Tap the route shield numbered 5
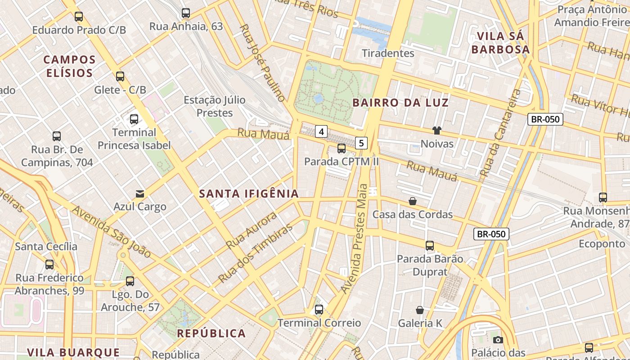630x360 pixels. click(x=361, y=143)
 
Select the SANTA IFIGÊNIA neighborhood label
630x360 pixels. click(x=249, y=194)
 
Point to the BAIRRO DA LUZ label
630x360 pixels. click(x=400, y=103)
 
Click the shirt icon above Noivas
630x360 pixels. click(x=436, y=130)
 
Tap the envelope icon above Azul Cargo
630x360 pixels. click(x=140, y=194)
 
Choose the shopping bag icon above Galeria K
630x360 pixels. click(x=420, y=310)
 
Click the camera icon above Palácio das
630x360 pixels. click(x=498, y=340)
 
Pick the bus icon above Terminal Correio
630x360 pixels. click(x=319, y=310)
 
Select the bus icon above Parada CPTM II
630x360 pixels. click(x=342, y=148)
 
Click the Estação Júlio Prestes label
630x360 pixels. click(x=215, y=106)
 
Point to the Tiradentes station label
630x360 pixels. click(x=388, y=53)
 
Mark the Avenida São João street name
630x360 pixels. click(x=112, y=232)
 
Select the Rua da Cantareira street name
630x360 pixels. click(x=499, y=133)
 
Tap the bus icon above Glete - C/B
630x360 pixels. click(x=120, y=76)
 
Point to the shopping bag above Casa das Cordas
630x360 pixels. click(x=412, y=201)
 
